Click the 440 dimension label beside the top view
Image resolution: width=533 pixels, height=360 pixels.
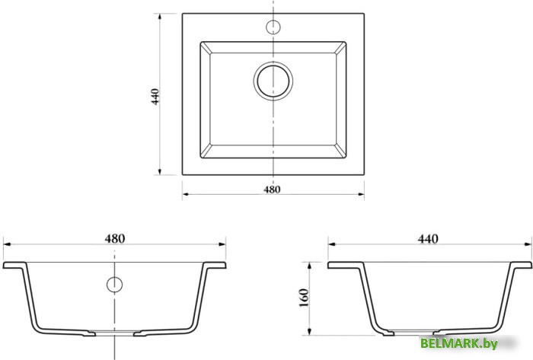pyautogui.click(x=155, y=97)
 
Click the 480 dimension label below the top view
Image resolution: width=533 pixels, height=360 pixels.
pyautogui.click(x=272, y=190)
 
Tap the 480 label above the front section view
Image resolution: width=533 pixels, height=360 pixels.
pyautogui.click(x=115, y=239)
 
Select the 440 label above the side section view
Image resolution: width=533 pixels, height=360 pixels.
pyautogui.click(x=428, y=239)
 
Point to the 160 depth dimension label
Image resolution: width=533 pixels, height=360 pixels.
pyautogui.click(x=304, y=298)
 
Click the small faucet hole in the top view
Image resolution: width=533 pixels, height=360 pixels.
pyautogui.click(x=273, y=27)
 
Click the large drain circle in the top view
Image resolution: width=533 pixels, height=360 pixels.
pyautogui.click(x=273, y=81)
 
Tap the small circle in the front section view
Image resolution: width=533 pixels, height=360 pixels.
pyautogui.click(x=114, y=285)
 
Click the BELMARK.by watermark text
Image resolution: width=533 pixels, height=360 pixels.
pyautogui.click(x=459, y=343)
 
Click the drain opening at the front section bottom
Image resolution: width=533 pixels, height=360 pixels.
pyautogui.click(x=114, y=333)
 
